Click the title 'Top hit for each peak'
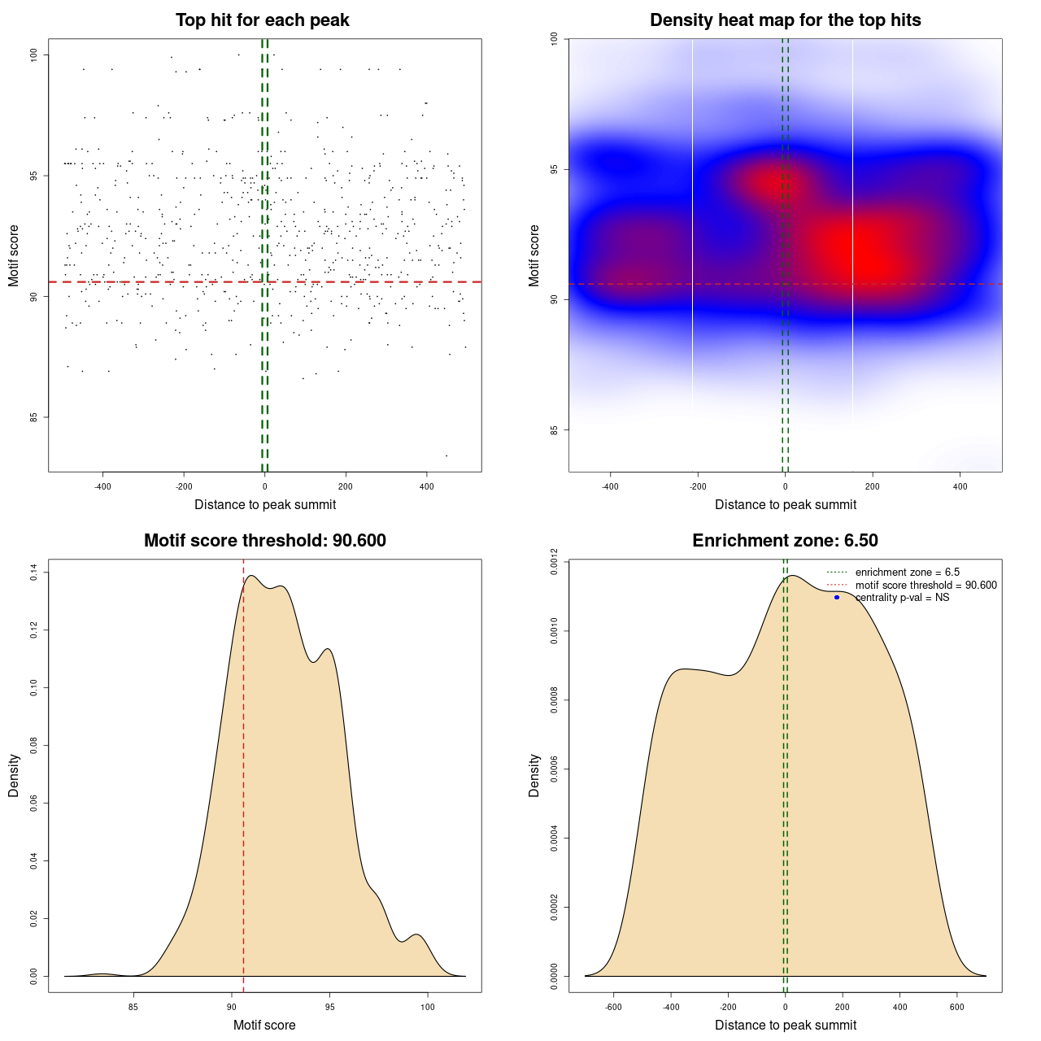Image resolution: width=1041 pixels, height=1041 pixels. coord(262,20)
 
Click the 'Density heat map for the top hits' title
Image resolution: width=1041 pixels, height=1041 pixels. coord(785,20)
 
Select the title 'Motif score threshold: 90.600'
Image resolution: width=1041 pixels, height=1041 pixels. coord(264,541)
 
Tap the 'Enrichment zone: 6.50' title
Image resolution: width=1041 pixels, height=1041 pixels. coord(785,541)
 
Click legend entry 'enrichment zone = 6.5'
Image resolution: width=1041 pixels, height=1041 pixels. coord(907,573)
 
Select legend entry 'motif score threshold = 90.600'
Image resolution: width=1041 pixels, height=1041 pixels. coord(926,586)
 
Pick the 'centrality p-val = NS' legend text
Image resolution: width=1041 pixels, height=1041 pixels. coord(902,598)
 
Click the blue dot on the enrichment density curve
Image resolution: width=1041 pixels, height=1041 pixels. coord(837,598)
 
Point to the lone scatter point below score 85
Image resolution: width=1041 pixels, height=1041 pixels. coord(446,455)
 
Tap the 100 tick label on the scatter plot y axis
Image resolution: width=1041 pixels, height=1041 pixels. coord(35,54)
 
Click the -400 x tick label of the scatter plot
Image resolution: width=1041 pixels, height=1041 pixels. coord(102,486)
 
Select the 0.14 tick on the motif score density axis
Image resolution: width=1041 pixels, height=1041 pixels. coord(34,573)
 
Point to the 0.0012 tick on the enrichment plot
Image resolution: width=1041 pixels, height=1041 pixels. coord(555,561)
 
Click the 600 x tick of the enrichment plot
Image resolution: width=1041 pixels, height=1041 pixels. coord(956,1007)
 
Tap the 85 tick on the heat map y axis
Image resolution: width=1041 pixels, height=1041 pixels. coord(555,429)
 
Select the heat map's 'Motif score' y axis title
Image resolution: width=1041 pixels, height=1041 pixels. coord(534,255)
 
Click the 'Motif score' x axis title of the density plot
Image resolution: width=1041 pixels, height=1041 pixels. coord(264,1025)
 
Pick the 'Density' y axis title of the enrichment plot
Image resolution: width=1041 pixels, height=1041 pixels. coord(534,775)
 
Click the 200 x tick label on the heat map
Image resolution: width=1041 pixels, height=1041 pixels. coord(873,486)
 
